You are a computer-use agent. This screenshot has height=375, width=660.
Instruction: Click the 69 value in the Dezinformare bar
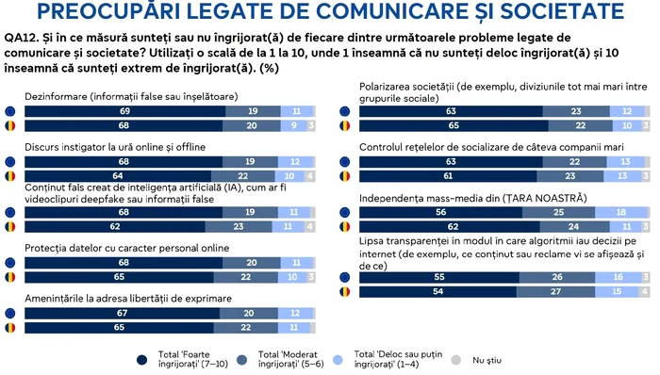[x=124, y=110]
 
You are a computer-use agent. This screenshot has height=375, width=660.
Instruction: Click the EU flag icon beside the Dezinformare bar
[x=10, y=110]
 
